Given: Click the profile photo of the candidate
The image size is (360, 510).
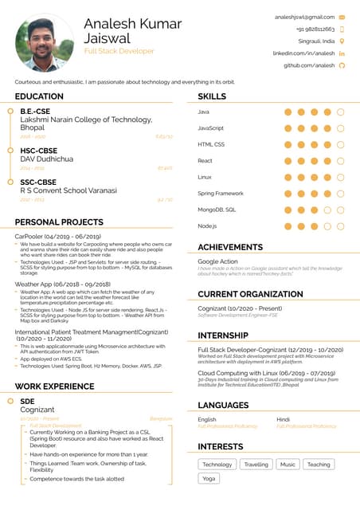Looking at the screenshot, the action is coord(45,42).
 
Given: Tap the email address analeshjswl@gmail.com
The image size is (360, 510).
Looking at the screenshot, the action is coord(304,16).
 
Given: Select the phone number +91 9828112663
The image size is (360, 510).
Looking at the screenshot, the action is coord(315,29).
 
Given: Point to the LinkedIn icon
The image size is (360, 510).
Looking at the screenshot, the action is coord(342,53).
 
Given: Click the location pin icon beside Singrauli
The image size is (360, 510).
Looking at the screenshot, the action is coord(342,41).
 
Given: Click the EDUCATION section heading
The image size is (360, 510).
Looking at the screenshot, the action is coord(39,96).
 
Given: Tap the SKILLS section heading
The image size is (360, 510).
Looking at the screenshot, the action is coord(212,96).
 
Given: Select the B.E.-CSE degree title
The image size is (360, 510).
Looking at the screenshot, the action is coord(35,111).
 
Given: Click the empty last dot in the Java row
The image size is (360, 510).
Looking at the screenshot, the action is coord(340,112).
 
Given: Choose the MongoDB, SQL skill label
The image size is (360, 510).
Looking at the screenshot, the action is coord(217,210).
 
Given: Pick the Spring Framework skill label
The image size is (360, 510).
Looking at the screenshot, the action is coord(221,193).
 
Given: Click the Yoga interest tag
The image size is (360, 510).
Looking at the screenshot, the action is coord(209,478).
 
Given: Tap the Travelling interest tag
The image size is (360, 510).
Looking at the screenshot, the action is coord(256,464).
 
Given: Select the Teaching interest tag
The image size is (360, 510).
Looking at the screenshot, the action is coord(319,464).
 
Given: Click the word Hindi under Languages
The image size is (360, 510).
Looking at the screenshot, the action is coord(283,419).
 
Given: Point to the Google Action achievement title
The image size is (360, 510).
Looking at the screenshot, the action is coord(217,261).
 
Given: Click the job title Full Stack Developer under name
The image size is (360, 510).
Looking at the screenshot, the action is coord(119,51).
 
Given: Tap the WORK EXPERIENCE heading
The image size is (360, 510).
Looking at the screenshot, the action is coord(54,386).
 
